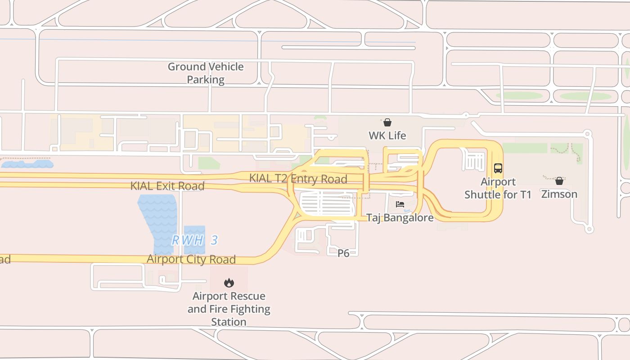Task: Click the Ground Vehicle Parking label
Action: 206,73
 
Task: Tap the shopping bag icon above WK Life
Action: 387,122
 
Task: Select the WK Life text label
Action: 387,135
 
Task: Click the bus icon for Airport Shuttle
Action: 498,168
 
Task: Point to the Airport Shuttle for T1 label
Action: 498,188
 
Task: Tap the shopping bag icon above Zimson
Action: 559,181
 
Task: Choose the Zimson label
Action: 559,194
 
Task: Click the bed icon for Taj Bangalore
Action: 400,204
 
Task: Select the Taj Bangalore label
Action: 400,218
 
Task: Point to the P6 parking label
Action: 343,253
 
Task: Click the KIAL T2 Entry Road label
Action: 298,179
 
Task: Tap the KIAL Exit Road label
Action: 167,186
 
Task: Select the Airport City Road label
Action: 191,259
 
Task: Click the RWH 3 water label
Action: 195,240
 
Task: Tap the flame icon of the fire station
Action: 229,283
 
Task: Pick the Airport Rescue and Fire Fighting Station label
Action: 229,309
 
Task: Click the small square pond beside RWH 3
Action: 194,232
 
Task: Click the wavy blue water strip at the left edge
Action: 27,164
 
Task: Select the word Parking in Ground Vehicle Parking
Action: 206,80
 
